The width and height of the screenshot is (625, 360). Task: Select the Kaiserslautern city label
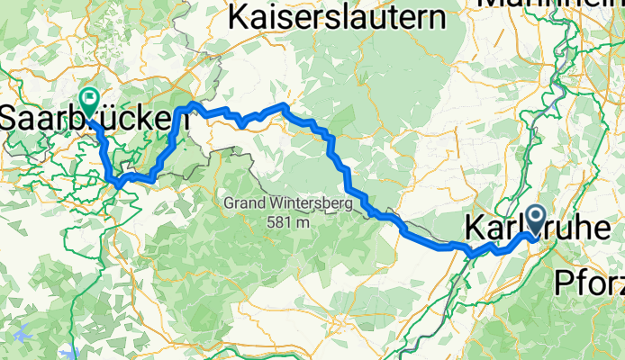(338, 15)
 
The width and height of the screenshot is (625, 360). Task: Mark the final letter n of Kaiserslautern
(437, 16)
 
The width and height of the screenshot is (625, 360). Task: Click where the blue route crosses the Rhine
(472, 253)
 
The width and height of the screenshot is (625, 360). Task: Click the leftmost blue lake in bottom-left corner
(22, 335)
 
